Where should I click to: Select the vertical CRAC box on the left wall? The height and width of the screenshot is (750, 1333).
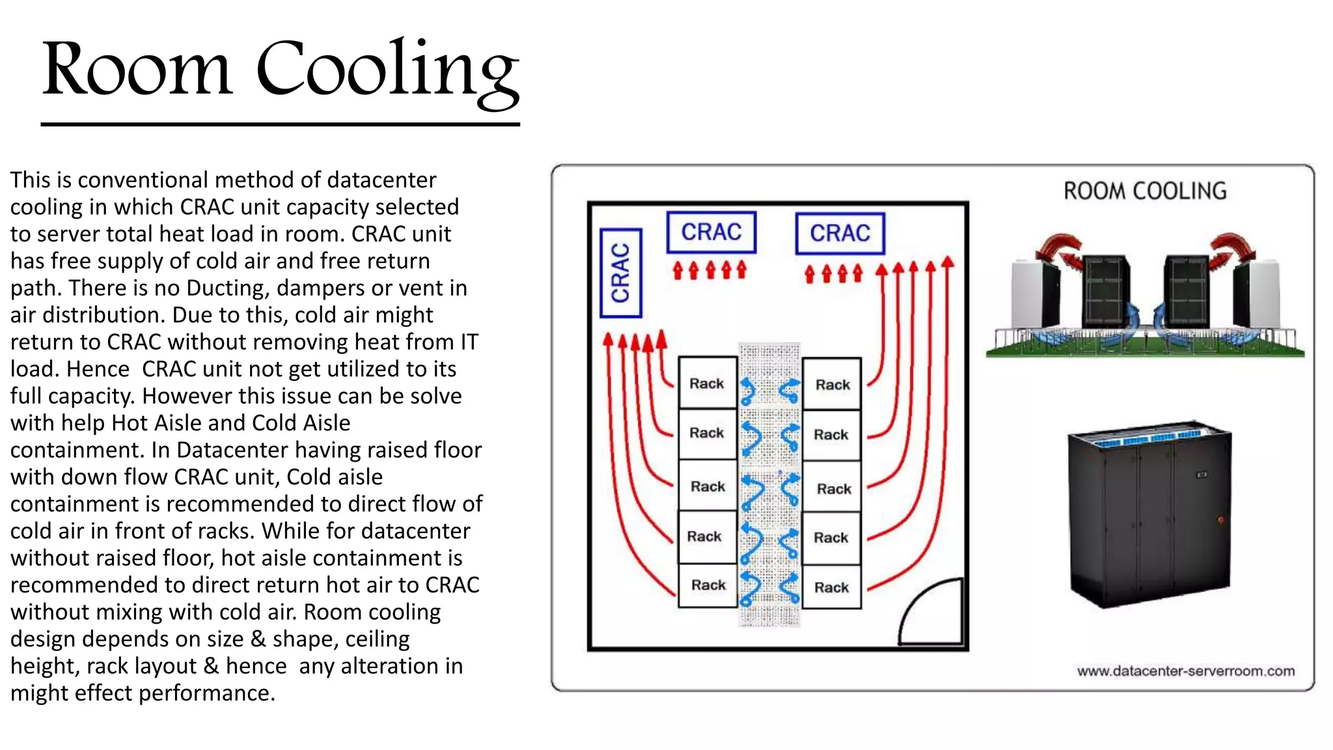621,273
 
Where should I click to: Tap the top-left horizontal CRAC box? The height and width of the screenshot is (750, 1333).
711,232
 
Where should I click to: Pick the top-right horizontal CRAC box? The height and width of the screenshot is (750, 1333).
840,233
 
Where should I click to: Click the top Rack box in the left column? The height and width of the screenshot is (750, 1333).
708,383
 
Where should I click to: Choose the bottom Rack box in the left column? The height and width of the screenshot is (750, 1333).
708,585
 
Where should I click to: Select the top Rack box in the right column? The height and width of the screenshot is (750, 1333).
832,385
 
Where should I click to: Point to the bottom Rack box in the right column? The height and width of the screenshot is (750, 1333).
832,587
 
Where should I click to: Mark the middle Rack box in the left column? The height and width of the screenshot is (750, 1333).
708,486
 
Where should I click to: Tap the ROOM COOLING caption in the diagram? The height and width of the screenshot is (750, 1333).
1145,191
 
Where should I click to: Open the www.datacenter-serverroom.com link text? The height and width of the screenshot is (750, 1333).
1185,671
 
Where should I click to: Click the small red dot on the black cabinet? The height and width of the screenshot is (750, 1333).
1221,520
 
